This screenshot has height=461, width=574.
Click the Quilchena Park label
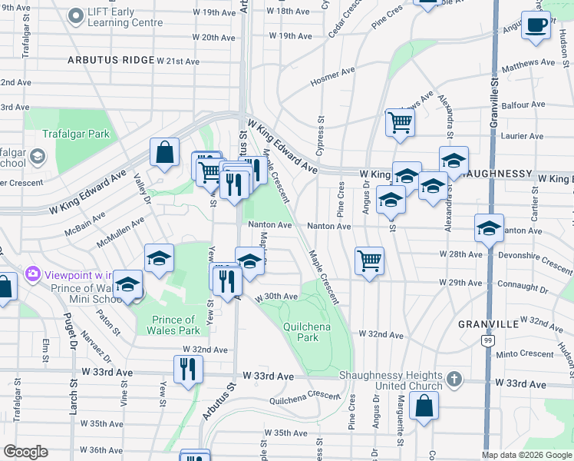[301, 331]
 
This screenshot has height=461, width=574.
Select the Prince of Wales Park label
[173, 325]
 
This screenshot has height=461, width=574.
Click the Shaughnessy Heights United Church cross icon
[455, 379]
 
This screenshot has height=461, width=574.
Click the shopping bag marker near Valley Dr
[164, 153]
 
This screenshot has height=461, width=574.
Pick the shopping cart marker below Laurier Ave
[400, 121]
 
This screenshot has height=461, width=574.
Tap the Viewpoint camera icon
[33, 274]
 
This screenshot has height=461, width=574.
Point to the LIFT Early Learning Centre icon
[75, 15]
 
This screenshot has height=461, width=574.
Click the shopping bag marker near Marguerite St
[424, 406]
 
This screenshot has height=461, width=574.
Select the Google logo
[25, 452]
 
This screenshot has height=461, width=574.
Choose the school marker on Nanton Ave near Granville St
[489, 228]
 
